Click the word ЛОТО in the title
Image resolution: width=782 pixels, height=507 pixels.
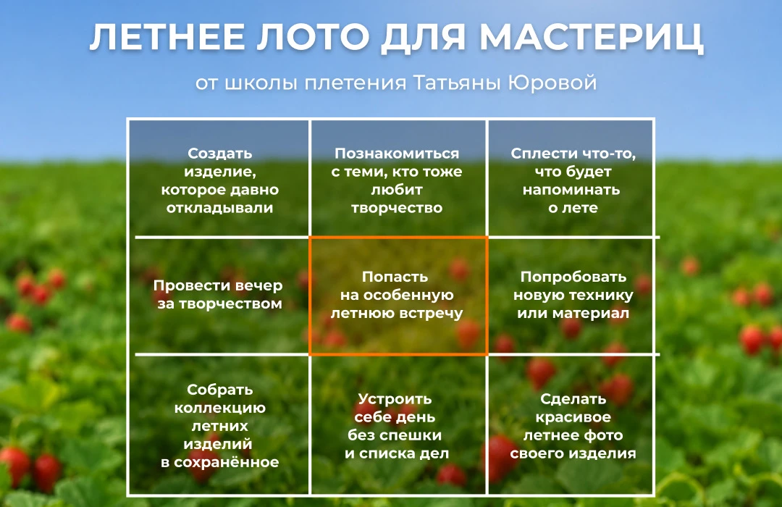tap(314, 37)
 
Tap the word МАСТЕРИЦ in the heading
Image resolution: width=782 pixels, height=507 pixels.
tap(592, 38)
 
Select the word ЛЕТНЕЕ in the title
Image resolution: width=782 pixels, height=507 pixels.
tap(167, 37)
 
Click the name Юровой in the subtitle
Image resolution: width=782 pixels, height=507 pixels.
tap(552, 83)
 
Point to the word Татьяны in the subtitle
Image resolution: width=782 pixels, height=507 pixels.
tap(458, 83)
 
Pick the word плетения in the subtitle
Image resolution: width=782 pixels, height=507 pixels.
tap(355, 83)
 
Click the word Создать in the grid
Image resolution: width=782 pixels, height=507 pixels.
tap(220, 154)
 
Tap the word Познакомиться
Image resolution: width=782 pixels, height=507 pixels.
tap(397, 154)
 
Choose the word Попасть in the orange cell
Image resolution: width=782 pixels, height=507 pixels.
tap(395, 277)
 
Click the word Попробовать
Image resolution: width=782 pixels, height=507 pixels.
tap(573, 277)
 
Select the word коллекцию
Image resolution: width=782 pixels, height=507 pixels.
tap(220, 408)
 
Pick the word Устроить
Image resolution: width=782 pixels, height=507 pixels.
tap(395, 398)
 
